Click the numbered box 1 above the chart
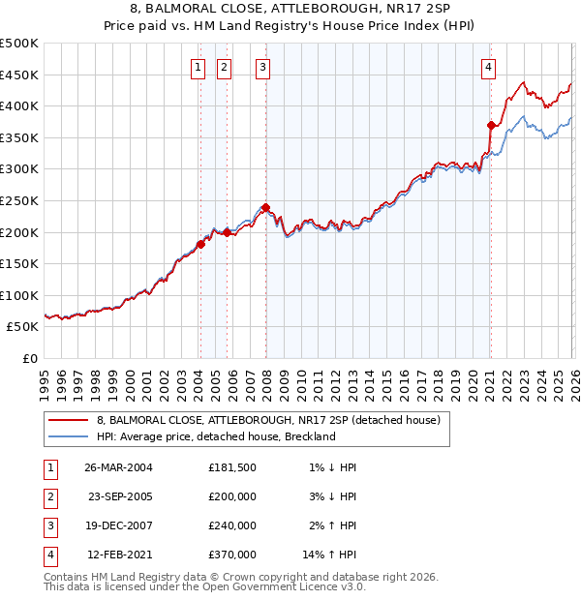pyautogui.click(x=199, y=67)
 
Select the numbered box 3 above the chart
pyautogui.click(x=263, y=67)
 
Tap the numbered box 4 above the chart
pyautogui.click(x=488, y=67)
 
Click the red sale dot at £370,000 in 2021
pyautogui.click(x=491, y=125)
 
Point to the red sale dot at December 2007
pyautogui.click(x=265, y=207)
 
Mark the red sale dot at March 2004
pyautogui.click(x=201, y=244)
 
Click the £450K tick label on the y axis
pyautogui.click(x=19, y=75)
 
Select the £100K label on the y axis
pyautogui.click(x=19, y=295)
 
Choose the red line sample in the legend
pyautogui.click(x=69, y=420)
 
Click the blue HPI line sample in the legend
pyautogui.click(x=69, y=436)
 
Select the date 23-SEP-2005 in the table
pyautogui.click(x=120, y=495)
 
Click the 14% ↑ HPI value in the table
pyautogui.click(x=330, y=555)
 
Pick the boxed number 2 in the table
pyautogui.click(x=49, y=495)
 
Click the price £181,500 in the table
pyautogui.click(x=232, y=466)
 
